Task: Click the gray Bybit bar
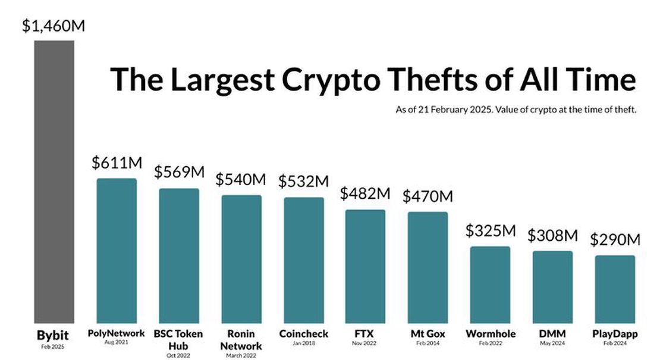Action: point(54,181)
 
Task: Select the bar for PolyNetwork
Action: point(117,250)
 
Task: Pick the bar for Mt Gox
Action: point(428,267)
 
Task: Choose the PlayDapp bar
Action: point(615,289)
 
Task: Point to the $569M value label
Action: point(179,173)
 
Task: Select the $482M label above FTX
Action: point(365,193)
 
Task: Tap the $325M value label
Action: point(490,230)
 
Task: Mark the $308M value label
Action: point(552,235)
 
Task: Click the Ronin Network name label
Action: point(241,340)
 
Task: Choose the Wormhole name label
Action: point(490,334)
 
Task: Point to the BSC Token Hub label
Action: point(178,340)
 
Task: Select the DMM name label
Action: point(552,334)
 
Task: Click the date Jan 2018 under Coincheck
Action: point(303,342)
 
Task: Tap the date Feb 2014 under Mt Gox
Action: point(428,342)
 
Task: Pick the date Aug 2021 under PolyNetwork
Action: point(117,342)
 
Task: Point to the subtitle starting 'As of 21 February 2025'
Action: point(516,109)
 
